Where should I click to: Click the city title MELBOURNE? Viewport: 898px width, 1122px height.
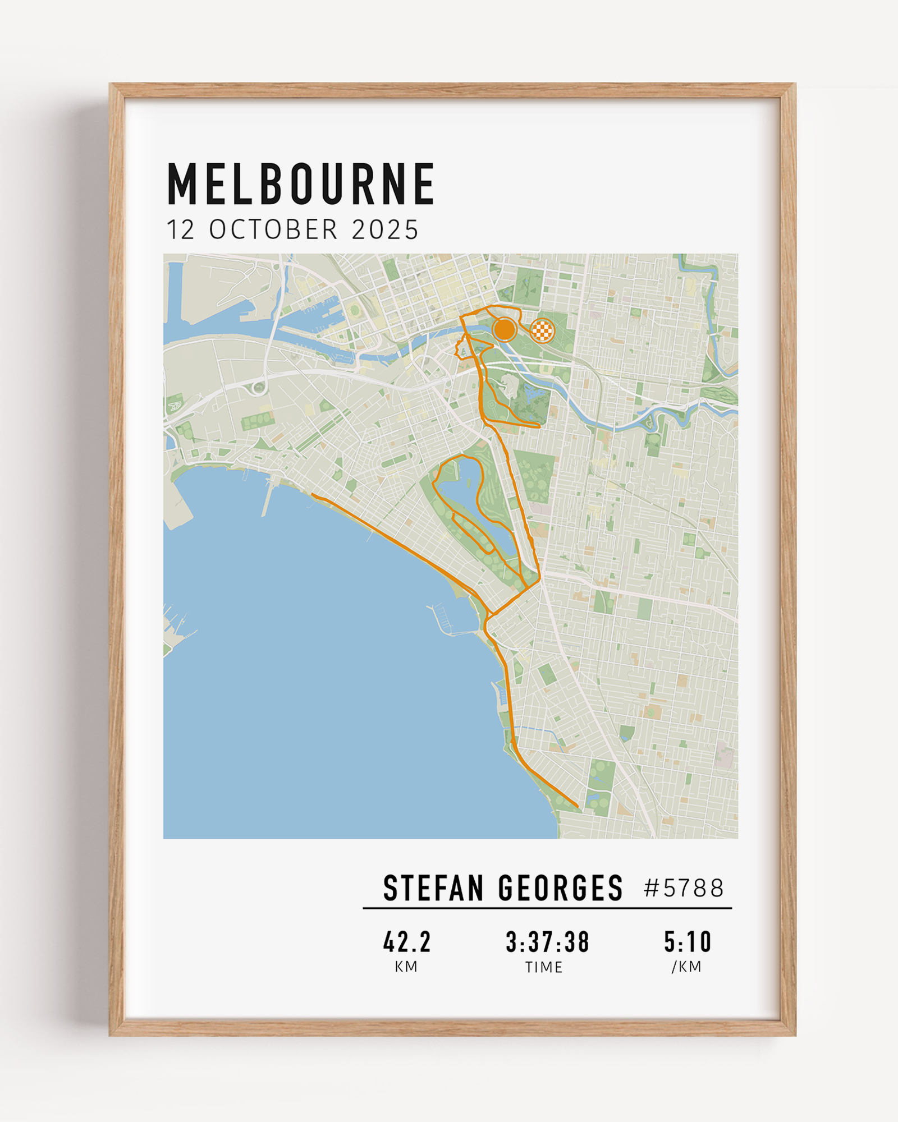(x=301, y=183)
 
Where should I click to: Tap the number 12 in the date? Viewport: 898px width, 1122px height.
(x=181, y=230)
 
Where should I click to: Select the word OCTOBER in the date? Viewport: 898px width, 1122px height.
(x=274, y=230)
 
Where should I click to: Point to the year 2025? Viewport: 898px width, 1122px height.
(x=385, y=230)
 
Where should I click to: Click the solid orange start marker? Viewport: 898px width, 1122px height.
(x=505, y=329)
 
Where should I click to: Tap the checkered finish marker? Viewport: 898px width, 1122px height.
(x=542, y=330)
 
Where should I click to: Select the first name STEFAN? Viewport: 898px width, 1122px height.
(x=433, y=888)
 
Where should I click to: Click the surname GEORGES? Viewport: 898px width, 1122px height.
(x=560, y=888)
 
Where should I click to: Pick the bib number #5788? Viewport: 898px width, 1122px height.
(x=684, y=888)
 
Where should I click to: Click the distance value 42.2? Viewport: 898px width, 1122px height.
(x=407, y=942)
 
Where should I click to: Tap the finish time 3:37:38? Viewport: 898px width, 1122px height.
(x=547, y=942)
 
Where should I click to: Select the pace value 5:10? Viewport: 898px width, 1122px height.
(x=688, y=942)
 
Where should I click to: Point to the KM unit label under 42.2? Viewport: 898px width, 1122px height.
(x=406, y=967)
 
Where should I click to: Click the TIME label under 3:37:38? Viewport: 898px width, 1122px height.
(x=544, y=967)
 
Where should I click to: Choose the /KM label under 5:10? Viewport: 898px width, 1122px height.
(x=686, y=967)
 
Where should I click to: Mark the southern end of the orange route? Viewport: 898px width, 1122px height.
(x=577, y=807)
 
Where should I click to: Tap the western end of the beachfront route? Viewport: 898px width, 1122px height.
(x=313, y=495)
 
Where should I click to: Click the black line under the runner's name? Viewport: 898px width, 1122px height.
(x=547, y=908)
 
